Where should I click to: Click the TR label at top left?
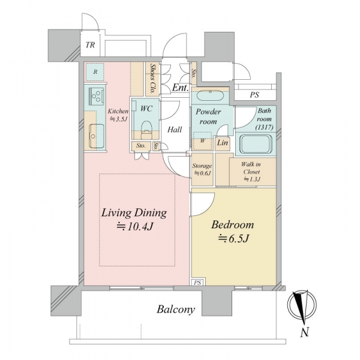pyautogui.click(x=90, y=45)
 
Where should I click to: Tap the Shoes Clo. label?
pyautogui.click(x=152, y=78)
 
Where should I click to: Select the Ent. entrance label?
pyautogui.click(x=181, y=88)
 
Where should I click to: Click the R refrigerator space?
pyautogui.click(x=95, y=72)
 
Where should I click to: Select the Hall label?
pyautogui.click(x=175, y=130)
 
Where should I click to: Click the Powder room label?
pyautogui.click(x=208, y=116)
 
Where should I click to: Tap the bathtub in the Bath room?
pyautogui.click(x=256, y=144)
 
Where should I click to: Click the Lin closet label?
pyautogui.click(x=222, y=143)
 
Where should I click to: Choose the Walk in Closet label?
pyautogui.click(x=251, y=172)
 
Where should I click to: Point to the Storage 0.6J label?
pyautogui.click(x=202, y=169)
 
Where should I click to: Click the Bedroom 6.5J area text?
pyautogui.click(x=233, y=232)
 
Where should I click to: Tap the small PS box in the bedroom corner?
pyautogui.click(x=197, y=282)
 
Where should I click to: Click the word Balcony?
pyautogui.click(x=176, y=310)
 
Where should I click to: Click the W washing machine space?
pyautogui.click(x=202, y=141)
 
